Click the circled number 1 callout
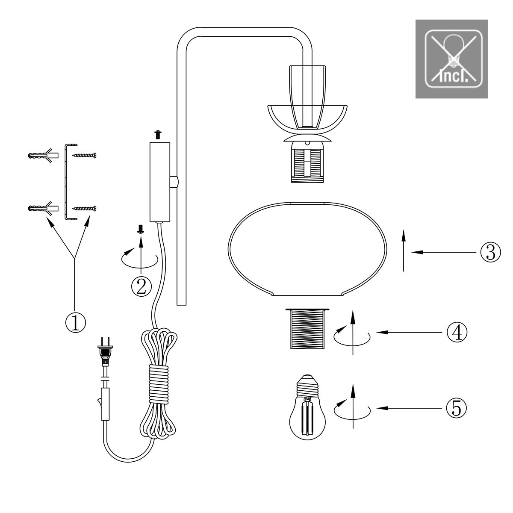76,323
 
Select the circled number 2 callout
142,286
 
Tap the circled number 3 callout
490,252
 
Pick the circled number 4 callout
457,332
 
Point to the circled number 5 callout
456,408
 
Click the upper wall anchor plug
43,155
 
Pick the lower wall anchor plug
43,208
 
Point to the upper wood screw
84,155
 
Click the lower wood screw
84,209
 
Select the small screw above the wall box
158,134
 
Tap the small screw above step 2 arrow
141,229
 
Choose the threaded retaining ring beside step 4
307,329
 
